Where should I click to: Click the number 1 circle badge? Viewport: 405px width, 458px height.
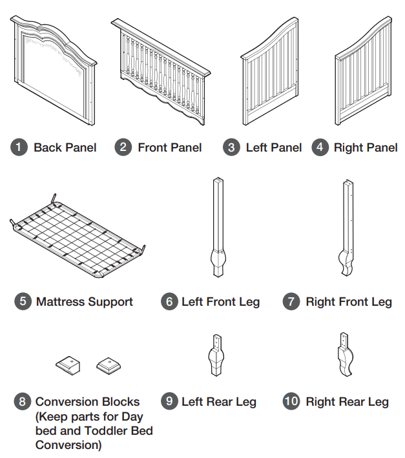20,147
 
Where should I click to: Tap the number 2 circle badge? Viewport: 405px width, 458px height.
123,147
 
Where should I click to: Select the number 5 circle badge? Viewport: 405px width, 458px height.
23,301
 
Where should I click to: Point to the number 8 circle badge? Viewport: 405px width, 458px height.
23,402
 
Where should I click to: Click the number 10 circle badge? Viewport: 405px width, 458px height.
292,402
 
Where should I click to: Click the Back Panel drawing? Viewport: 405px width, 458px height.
53,71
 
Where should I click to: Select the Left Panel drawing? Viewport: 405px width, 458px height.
269,74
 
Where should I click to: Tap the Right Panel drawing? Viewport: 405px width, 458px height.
364,74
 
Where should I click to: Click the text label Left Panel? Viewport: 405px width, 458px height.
274,147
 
